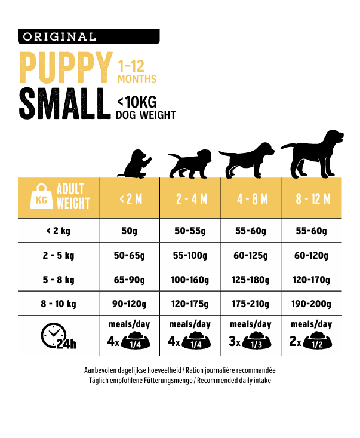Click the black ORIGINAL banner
point(89,36)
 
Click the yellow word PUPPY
point(66,68)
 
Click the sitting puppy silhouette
point(135,164)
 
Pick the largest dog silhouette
point(312,154)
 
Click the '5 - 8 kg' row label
point(58,280)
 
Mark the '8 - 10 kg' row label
point(58,304)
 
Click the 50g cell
point(130,231)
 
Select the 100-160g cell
point(190,280)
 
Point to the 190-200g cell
point(312,304)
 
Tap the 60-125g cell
point(251,256)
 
